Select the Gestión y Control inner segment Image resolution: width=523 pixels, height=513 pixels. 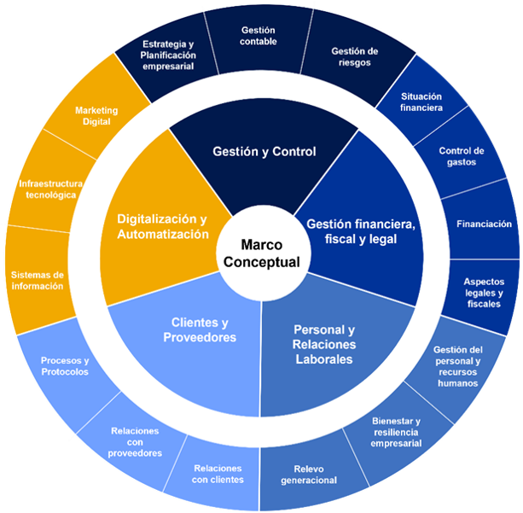[x=264, y=152]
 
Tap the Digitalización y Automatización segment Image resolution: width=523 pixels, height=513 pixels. [x=162, y=225]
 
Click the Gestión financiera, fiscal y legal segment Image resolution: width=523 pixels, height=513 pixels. [x=361, y=231]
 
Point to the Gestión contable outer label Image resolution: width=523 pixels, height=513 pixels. [x=258, y=36]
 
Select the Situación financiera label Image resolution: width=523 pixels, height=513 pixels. [x=421, y=102]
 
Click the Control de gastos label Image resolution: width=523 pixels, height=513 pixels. [x=462, y=157]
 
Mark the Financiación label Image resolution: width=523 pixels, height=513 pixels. [x=484, y=224]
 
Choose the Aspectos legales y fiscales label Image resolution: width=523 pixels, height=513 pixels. [x=484, y=293]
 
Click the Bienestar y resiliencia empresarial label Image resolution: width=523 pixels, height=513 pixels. [x=397, y=432]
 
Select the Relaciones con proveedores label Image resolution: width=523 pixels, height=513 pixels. [x=136, y=442]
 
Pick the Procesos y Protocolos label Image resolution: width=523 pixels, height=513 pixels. [x=65, y=366]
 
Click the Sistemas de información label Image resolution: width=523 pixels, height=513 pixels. [x=37, y=281]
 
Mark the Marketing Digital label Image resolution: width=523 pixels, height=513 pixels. [x=96, y=116]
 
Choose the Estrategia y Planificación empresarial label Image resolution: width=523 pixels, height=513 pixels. [x=169, y=55]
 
